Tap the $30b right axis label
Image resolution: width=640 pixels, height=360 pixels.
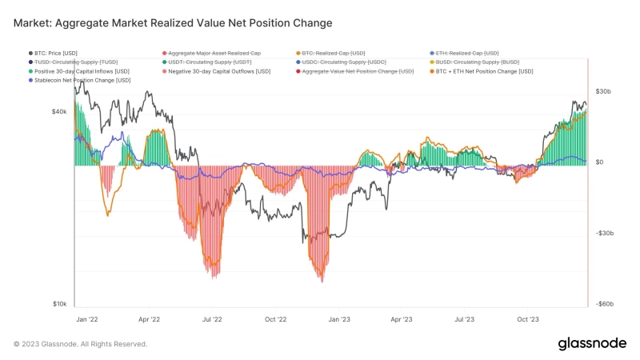(604, 92)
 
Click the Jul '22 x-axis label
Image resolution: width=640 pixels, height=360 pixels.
(212, 318)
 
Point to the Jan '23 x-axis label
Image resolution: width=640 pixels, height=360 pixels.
(339, 318)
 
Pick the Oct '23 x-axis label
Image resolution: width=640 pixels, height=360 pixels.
(528, 318)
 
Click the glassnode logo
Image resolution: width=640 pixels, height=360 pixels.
(591, 343)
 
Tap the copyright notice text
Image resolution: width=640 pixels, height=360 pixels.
(80, 344)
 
